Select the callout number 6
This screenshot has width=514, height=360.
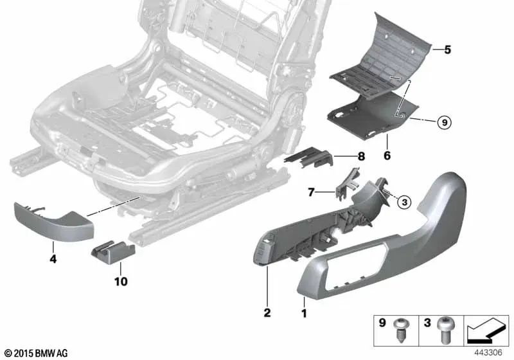click(387, 156)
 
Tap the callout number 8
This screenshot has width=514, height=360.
click(361, 156)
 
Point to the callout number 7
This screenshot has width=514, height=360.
click(312, 192)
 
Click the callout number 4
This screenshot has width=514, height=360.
click(54, 260)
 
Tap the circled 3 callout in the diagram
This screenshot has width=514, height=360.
click(403, 202)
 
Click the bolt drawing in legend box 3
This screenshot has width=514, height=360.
click(443, 332)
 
